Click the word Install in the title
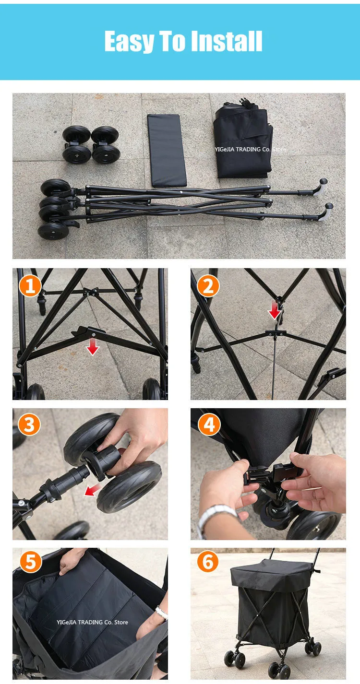pyautogui.click(x=227, y=41)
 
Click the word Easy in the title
pyautogui.click(x=129, y=42)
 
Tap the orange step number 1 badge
pyautogui.click(x=30, y=286)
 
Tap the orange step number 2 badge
pyautogui.click(x=208, y=286)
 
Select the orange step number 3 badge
pyautogui.click(x=29, y=425)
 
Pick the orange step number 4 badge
pyautogui.click(x=209, y=425)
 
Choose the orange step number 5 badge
pyautogui.click(x=31, y=562)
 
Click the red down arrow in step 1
pyautogui.click(x=93, y=346)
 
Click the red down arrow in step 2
pyautogui.click(x=275, y=310)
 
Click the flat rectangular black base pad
pyautogui.click(x=167, y=150)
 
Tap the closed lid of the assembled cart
pyautogui.click(x=271, y=574)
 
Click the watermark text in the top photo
pyautogui.click(x=250, y=149)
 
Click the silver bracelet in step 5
pyautogui.click(x=162, y=613)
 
